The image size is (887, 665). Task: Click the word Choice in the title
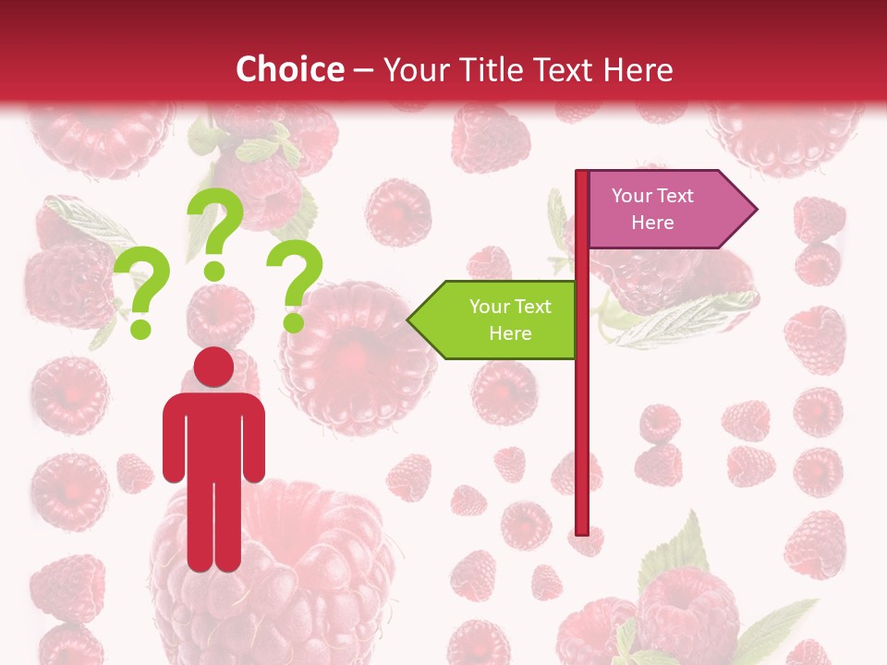[289, 69]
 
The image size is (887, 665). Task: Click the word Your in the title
[415, 69]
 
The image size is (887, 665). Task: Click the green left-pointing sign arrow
[499, 320]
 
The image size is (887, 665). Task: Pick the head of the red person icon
[213, 368]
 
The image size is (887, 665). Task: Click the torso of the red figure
[213, 434]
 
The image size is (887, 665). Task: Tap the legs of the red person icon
[213, 526]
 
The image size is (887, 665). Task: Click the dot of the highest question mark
[214, 271]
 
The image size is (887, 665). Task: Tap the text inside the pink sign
[652, 209]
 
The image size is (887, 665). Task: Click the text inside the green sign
[509, 320]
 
